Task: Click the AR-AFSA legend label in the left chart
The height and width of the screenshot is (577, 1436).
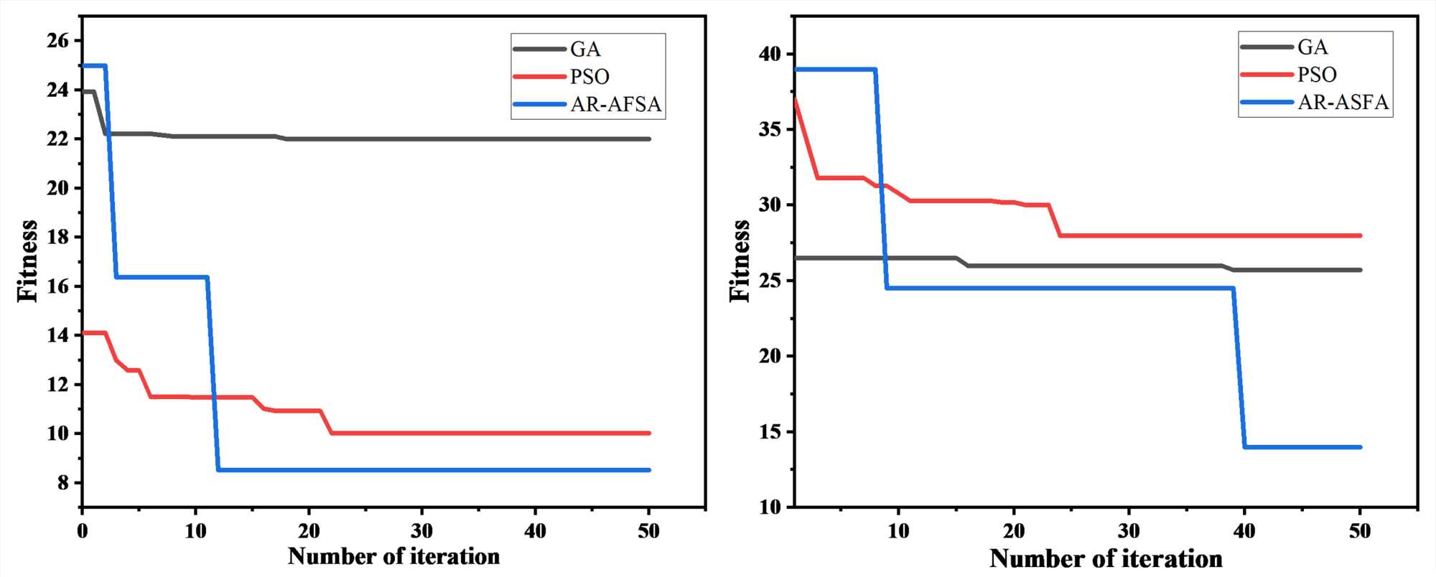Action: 615,105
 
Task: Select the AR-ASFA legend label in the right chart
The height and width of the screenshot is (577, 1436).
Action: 1343,103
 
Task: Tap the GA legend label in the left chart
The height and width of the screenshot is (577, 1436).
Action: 585,50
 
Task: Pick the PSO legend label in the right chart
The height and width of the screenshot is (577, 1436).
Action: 1317,75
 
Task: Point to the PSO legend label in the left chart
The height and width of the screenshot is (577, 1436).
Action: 589,77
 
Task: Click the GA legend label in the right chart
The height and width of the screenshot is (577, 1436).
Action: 1313,47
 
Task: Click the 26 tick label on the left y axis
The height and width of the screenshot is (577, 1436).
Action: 58,41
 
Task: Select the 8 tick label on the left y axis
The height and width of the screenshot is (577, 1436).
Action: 63,483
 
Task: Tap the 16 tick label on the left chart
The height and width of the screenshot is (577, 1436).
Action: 58,286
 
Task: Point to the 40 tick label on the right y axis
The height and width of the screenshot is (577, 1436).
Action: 770,55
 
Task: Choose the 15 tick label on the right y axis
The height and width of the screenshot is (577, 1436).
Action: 770,432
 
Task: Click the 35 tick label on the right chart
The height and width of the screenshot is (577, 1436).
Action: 770,130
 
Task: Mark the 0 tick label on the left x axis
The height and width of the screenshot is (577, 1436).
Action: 83,532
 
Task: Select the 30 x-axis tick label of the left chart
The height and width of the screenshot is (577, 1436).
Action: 421,532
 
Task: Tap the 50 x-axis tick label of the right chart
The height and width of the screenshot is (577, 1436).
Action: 1359,532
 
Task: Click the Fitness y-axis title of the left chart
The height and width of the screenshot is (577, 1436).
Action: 27,261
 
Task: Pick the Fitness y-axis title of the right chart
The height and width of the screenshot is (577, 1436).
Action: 740,261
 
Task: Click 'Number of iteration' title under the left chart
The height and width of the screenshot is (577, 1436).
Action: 393,557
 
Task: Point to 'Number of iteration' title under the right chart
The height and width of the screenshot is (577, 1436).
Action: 1106,559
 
